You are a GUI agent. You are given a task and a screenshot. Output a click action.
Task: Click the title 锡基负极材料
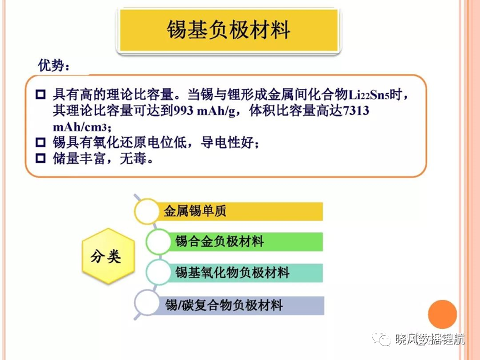[228, 29]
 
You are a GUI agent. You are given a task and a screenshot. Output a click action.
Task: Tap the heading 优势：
[54, 66]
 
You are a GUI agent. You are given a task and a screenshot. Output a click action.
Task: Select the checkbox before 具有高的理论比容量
[41, 94]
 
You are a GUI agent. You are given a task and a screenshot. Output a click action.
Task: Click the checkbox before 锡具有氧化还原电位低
[41, 142]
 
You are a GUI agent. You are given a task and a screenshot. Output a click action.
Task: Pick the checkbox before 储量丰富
[41, 158]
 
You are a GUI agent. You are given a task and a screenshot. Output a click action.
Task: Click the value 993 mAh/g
[204, 111]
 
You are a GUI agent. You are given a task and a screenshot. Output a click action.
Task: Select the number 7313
[356, 111]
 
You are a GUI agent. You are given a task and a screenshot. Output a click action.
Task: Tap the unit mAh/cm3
[79, 127]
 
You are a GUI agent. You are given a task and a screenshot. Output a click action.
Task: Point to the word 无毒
[133, 158]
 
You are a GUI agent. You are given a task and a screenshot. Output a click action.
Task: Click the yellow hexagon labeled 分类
[108, 256]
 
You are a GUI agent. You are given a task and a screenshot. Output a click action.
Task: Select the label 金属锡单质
[195, 211]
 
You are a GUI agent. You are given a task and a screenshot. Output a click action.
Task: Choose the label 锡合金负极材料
[219, 242]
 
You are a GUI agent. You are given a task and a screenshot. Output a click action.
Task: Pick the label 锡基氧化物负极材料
[232, 272]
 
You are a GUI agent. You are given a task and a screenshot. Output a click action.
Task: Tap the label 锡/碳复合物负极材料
[224, 305]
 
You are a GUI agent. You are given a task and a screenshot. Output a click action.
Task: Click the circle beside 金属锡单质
[147, 211]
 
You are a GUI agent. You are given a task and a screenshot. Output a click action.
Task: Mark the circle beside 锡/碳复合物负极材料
[147, 303]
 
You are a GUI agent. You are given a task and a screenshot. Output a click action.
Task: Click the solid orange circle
[442, 314]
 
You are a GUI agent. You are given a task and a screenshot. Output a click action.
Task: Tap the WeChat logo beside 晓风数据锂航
[382, 339]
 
